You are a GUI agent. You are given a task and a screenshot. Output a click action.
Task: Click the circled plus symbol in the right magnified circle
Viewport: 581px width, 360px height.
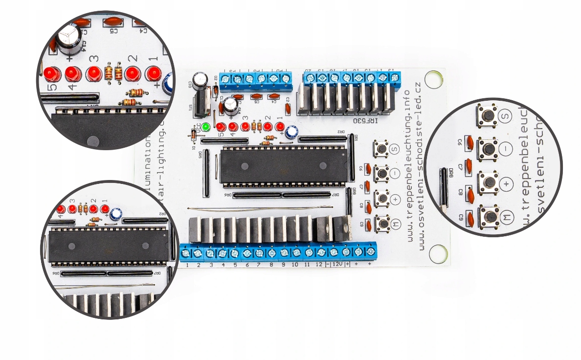507,184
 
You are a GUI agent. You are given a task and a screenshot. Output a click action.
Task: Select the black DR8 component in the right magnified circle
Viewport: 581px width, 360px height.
443,188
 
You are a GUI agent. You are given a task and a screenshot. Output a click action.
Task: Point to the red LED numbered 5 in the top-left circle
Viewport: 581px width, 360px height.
51,74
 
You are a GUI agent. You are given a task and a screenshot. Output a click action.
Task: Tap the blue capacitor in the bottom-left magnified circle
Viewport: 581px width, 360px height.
116,214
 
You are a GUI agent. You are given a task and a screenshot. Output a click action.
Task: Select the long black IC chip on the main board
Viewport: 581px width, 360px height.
284,166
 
